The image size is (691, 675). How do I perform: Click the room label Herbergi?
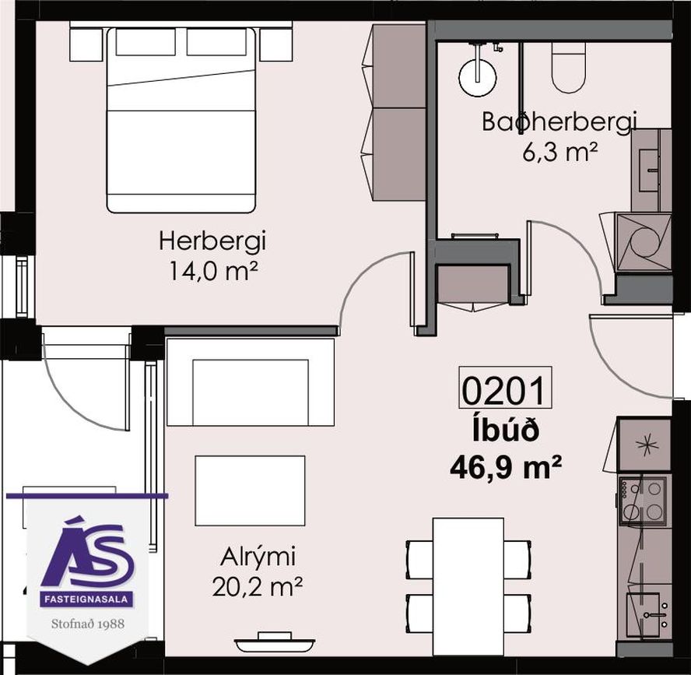point(212,242)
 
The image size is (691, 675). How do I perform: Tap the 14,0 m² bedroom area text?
point(212,271)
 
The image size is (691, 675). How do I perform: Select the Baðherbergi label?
point(559,121)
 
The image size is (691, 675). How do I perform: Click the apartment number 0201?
point(506,388)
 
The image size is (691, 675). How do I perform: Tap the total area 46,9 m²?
point(506,466)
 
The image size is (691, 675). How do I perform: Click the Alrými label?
point(258,558)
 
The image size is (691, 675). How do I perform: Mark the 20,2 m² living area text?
point(258,587)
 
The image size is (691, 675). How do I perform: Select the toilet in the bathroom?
point(569,68)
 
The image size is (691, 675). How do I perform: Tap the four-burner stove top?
point(643,500)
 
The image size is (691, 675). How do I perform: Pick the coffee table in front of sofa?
point(250,490)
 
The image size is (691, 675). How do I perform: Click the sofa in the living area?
point(250,381)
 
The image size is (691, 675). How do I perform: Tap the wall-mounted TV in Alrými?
point(274,643)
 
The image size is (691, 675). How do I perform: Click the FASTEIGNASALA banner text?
point(86,599)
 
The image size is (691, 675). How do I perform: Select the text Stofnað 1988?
point(88,624)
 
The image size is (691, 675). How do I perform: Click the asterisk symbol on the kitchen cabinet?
point(645,445)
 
